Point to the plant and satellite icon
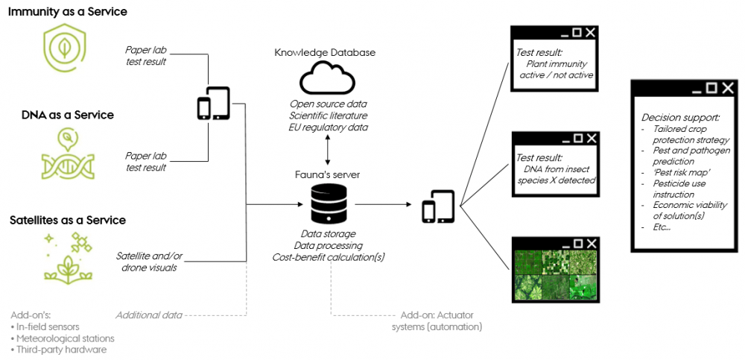click(68, 258)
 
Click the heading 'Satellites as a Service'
click(68, 221)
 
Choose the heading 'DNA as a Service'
click(67, 116)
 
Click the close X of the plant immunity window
click(591, 32)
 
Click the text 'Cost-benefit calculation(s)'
click(328, 257)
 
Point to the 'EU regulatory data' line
click(328, 127)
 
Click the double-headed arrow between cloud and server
click(328, 152)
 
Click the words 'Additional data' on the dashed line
click(149, 315)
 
